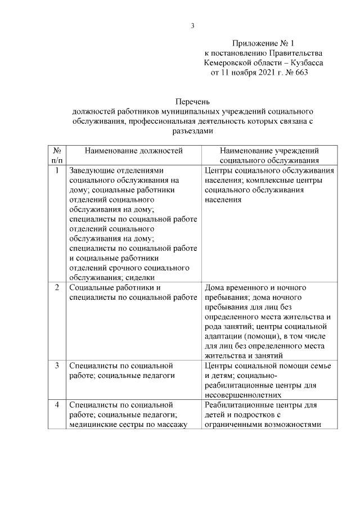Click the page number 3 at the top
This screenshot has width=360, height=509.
pyautogui.click(x=192, y=26)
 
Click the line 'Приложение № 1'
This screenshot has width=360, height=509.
pyautogui.click(x=263, y=43)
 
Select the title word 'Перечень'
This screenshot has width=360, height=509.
pyautogui.click(x=192, y=102)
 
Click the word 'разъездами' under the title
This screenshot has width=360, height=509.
pyautogui.click(x=192, y=130)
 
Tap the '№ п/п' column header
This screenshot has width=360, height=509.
pyautogui.click(x=57, y=156)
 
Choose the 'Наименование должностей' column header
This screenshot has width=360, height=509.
pyautogui.click(x=134, y=151)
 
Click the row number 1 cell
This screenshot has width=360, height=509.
pyautogui.click(x=57, y=170)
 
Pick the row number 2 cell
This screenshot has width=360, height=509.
pyautogui.click(x=57, y=287)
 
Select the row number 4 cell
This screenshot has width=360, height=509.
pyautogui.click(x=57, y=404)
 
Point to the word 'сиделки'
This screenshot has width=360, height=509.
pyautogui.click(x=140, y=277)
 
